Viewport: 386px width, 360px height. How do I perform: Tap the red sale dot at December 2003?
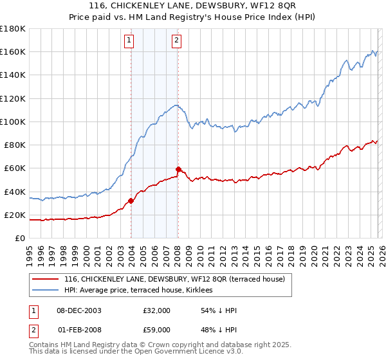(131, 201)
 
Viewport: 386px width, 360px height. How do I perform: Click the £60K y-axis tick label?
(14, 168)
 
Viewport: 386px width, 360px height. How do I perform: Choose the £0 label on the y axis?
(20, 239)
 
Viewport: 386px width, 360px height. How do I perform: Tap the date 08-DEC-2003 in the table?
(78, 310)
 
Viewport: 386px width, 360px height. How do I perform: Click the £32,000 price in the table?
(157, 310)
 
